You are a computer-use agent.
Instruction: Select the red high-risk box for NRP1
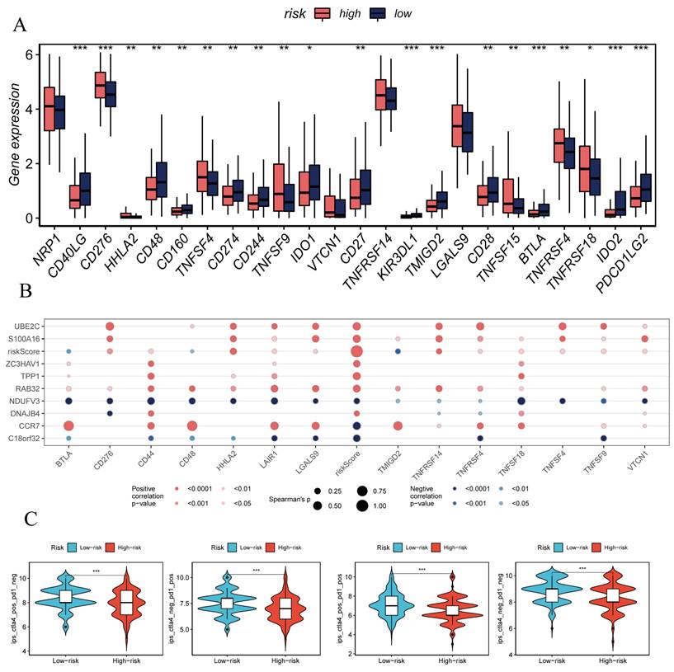[49, 108]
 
